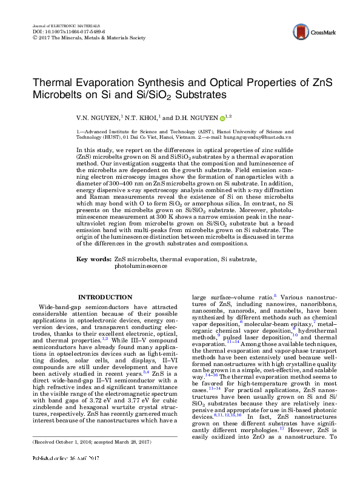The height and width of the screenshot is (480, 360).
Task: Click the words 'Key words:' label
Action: [93, 276]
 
